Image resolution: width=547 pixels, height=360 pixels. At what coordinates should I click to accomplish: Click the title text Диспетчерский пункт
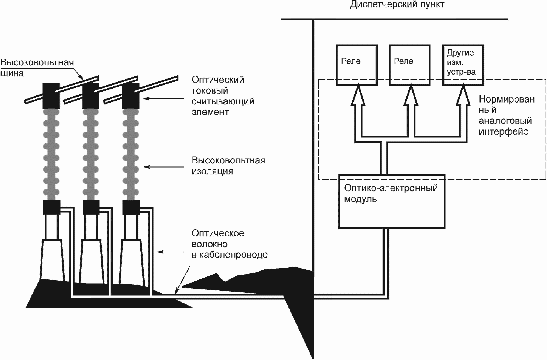(397, 4)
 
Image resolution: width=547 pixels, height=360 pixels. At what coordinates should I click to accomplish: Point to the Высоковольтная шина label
(37, 68)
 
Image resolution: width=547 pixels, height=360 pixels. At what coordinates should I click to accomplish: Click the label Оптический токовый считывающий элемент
(223, 96)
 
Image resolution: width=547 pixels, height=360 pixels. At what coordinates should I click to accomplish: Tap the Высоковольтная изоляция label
(228, 166)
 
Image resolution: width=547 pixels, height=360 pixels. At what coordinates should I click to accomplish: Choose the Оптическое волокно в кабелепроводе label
(229, 244)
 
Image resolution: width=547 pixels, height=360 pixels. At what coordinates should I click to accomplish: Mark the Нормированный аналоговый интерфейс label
(508, 115)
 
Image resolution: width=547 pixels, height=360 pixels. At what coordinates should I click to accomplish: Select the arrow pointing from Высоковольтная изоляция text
(163, 167)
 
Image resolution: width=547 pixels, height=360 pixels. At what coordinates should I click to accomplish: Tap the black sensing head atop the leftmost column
(51, 96)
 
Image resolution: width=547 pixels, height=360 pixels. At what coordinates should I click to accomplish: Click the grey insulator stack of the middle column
(91, 155)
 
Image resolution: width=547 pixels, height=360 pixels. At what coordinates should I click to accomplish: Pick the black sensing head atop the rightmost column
(131, 96)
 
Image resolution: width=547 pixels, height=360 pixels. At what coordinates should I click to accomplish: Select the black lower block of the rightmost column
(131, 207)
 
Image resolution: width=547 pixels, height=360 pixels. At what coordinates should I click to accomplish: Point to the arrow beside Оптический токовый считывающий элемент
(163, 99)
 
